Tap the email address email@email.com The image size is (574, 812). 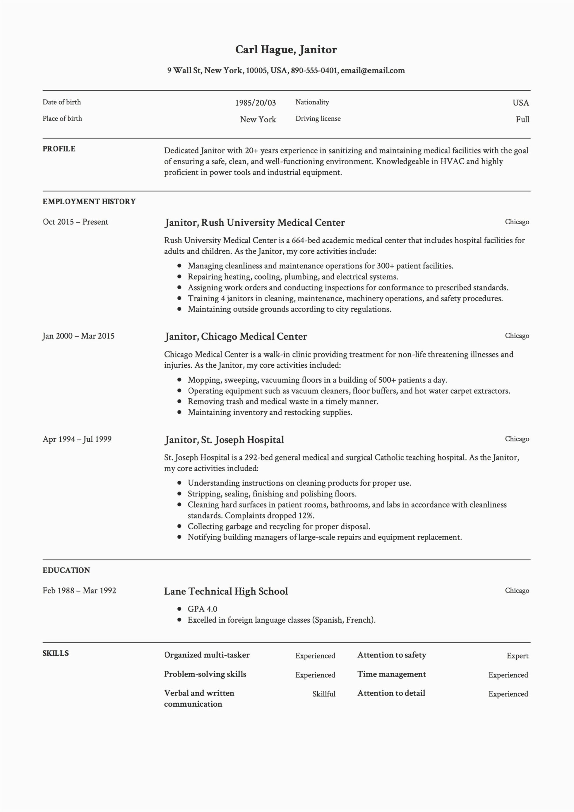(373, 70)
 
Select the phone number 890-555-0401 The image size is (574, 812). (314, 70)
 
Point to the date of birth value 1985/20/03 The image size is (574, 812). (255, 103)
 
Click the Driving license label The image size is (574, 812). (318, 119)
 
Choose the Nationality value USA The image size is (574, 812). (521, 103)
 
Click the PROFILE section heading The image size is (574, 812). (59, 149)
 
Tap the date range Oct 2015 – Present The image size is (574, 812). (76, 222)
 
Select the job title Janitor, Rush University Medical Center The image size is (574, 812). (254, 223)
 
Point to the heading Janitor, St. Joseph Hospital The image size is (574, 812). (224, 440)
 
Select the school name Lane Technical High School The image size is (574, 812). (226, 591)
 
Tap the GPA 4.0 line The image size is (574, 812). (202, 609)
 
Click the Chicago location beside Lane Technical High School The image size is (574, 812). (517, 591)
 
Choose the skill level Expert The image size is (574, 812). (517, 656)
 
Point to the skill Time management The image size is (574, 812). (392, 674)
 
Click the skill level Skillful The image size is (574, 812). (323, 694)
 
